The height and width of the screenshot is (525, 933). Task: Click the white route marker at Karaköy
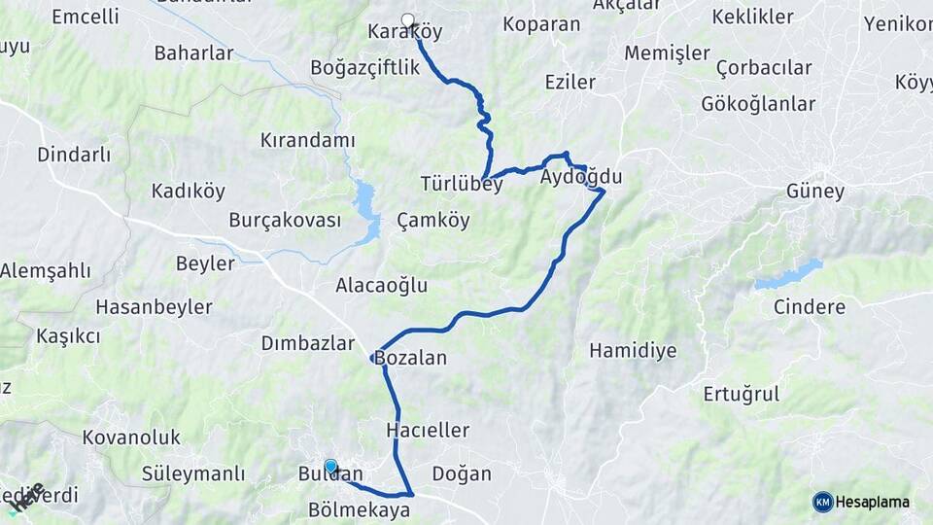[x=407, y=18]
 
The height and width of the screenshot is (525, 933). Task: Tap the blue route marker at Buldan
[x=330, y=467]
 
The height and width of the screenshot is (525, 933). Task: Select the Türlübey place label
[x=462, y=184]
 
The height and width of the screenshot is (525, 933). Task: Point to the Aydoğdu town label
[x=580, y=177]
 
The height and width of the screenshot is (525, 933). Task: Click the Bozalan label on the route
[x=410, y=358]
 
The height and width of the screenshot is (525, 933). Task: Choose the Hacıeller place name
[x=428, y=430]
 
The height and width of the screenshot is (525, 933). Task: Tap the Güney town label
[x=815, y=192]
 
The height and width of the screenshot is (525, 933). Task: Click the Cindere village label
[x=810, y=307]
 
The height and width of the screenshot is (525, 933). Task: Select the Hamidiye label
[x=633, y=350]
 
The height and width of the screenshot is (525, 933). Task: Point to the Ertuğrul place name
[x=742, y=394]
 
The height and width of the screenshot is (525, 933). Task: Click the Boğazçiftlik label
[x=364, y=67]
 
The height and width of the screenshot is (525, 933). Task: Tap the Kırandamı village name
[x=307, y=140]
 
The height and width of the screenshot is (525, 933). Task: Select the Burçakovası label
[x=285, y=220]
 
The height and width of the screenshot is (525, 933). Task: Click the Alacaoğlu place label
[x=381, y=286]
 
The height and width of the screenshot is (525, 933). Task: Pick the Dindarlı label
[x=74, y=155]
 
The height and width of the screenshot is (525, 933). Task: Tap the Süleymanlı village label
[x=193, y=474]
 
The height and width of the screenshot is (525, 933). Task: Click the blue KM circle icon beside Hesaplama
[x=823, y=502]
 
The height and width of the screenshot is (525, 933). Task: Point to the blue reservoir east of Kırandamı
[x=366, y=209]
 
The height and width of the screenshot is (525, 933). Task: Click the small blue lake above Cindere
[x=789, y=274]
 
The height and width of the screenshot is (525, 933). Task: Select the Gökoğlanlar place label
[x=758, y=104]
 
